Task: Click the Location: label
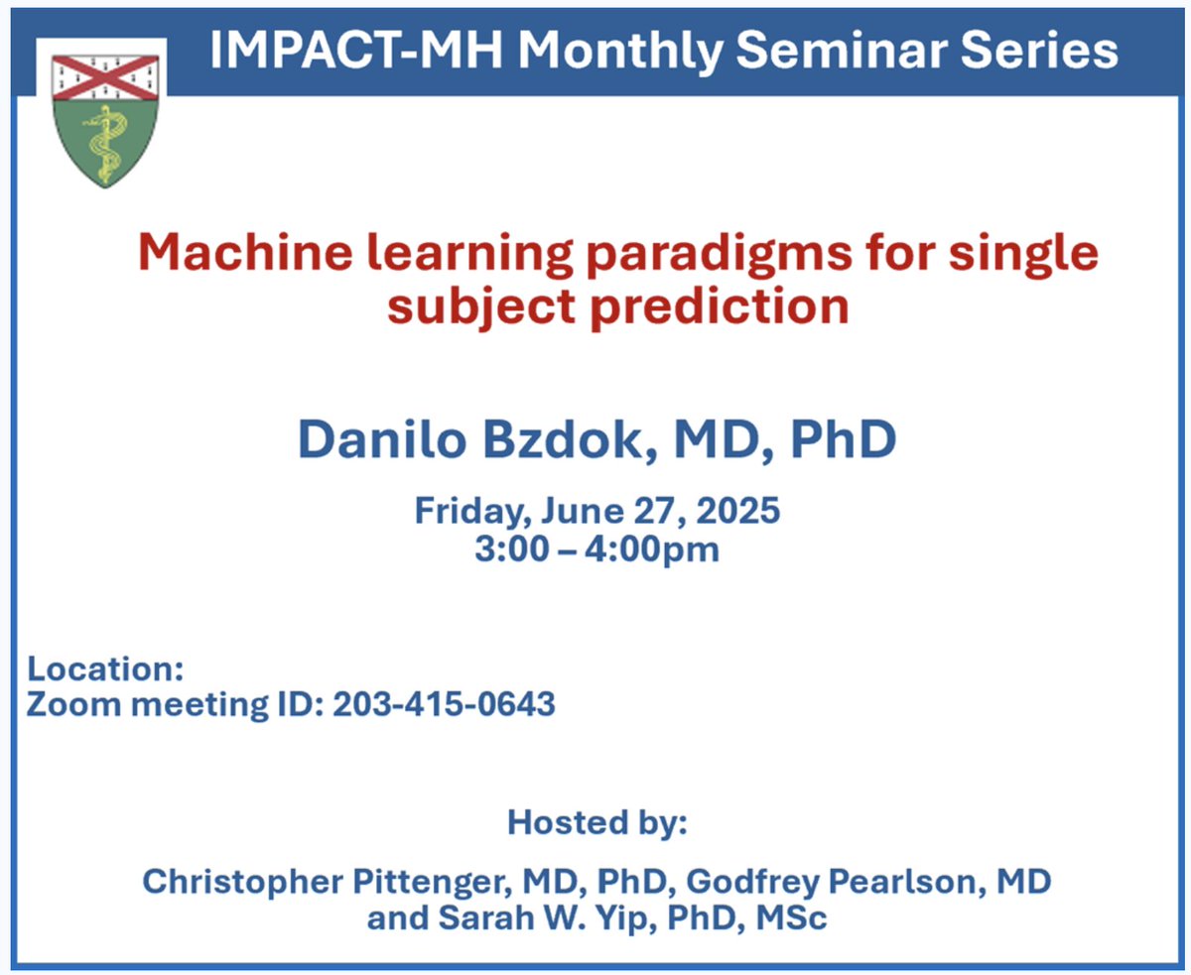pyautogui.click(x=105, y=669)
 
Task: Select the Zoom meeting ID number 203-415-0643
pyautogui.click(x=444, y=705)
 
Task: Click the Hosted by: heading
pyautogui.click(x=596, y=822)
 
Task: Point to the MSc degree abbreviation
pyautogui.click(x=790, y=918)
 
